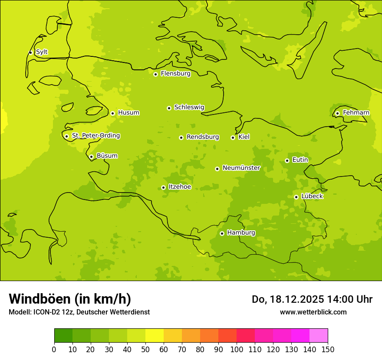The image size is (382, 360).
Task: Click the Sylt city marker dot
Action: pos(30,52)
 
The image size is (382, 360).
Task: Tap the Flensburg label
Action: pos(175,74)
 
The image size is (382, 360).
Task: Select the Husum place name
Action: pos(128,113)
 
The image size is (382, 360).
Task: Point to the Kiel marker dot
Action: pos(233,137)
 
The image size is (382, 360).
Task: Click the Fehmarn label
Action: pos(356,113)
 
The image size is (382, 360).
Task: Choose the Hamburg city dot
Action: pos(222,233)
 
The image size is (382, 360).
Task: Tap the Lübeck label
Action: pos(312,196)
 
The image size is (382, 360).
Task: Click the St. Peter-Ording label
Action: pos(95,136)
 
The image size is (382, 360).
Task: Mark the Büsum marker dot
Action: pos(91,157)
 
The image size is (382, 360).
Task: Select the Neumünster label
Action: pos(241,168)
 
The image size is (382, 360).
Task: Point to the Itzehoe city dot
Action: pos(163,187)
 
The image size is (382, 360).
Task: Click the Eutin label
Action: pos(300,160)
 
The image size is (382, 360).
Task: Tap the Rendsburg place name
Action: pos(203,137)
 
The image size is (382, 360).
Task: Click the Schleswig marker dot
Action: pos(169,108)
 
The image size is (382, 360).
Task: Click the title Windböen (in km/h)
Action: pos(70,299)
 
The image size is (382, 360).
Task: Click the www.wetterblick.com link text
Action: pos(313,312)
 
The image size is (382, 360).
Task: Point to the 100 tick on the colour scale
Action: pos(237,350)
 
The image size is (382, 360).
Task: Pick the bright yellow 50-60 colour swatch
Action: pos(155,336)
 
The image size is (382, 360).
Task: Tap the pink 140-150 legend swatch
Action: pos(319,336)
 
